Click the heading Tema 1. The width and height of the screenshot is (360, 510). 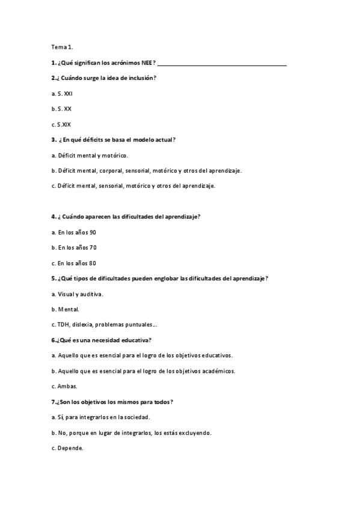[62, 47]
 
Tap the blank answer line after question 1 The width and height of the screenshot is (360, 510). [222, 64]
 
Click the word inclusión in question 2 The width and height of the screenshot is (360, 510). [142, 78]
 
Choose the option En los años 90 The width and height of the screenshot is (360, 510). [74, 232]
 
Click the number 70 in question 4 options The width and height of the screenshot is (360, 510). [93, 248]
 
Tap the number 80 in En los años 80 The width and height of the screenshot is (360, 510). [93, 263]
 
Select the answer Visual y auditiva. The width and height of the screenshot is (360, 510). [78, 294]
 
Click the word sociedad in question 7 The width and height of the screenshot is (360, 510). [135, 417]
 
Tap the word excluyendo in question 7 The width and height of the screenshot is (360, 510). [195, 432]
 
